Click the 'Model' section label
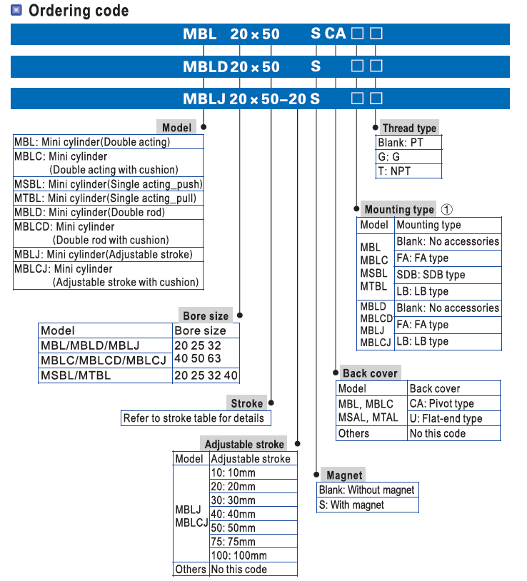coord(176,128)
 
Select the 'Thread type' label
coord(408,128)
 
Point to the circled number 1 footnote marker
coord(447,209)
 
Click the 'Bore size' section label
coord(206,316)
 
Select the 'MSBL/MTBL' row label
coord(76,375)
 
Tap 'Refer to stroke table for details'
coord(194,418)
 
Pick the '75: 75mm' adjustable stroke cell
coord(233,542)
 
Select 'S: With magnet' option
coord(351,505)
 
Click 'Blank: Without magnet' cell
coord(366,490)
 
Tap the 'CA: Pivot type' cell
coord(441,404)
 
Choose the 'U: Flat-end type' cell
coord(446,419)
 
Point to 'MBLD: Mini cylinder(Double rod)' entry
coord(90,212)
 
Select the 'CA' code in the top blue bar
coord(335,34)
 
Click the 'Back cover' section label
coord(369,373)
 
